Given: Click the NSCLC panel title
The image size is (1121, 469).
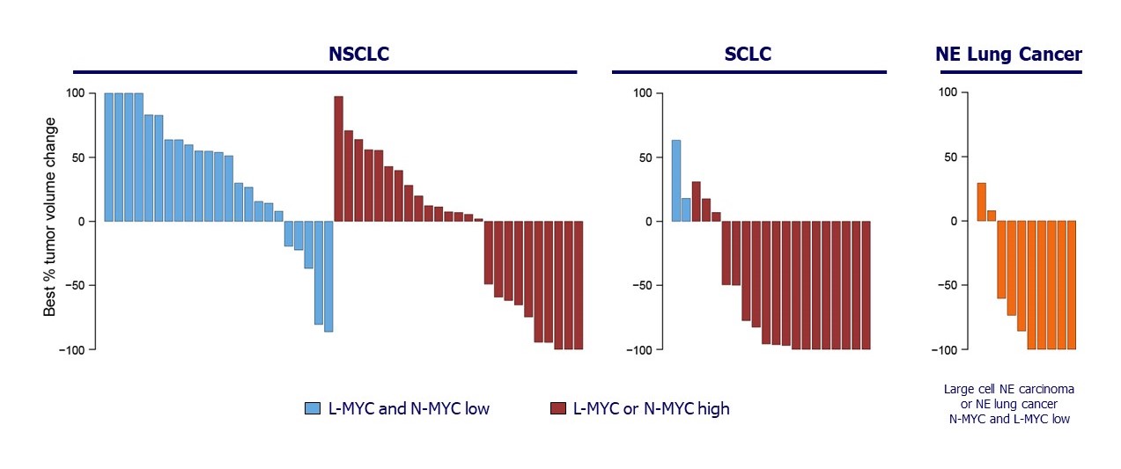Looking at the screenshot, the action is [x=358, y=54].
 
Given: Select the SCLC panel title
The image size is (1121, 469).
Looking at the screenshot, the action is [x=748, y=54].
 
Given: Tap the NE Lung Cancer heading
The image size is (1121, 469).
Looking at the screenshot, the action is [x=1008, y=54].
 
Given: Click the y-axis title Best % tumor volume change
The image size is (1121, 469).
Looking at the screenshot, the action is [x=49, y=217].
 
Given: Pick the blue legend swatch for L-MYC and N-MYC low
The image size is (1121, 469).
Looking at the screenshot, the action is [x=313, y=408].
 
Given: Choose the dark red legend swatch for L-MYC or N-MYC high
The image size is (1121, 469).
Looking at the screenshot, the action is [x=558, y=408].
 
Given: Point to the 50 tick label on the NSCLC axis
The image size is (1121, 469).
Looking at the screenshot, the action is [x=78, y=158].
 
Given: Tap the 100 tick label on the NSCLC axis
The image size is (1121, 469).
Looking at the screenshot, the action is [x=75, y=93].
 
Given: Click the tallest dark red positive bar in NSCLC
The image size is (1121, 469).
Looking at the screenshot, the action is [x=338, y=158].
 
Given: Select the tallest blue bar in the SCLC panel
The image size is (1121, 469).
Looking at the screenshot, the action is [x=676, y=180].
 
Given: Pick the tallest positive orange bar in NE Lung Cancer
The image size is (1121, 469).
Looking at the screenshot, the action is [x=981, y=202].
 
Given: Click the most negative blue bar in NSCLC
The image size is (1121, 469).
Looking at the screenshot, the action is [x=328, y=276].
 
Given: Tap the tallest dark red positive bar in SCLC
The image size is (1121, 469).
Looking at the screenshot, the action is [x=697, y=202].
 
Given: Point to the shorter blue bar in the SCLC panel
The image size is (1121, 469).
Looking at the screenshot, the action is [x=686, y=210].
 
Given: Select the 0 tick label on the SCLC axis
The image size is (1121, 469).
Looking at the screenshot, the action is [x=649, y=222].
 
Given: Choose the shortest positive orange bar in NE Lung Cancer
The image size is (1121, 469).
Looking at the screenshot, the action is [x=992, y=216].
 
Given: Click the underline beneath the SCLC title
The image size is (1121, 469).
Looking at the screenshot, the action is [x=749, y=72].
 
